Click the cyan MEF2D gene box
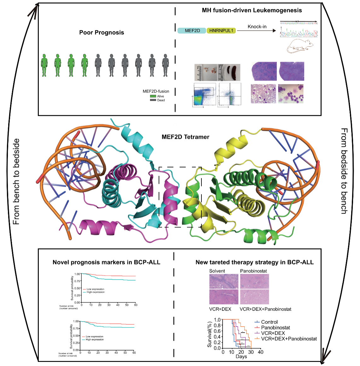click(192, 31)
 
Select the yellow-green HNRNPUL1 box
click(221, 31)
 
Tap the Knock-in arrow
click(256, 31)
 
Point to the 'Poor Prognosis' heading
click(102, 32)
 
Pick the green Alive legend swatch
click(153, 96)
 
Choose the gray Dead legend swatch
click(153, 100)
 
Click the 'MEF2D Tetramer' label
click(185, 137)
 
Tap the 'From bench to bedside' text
click(16, 181)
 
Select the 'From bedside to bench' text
click(344, 171)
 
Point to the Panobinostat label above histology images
click(253, 271)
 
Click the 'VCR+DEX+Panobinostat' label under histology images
click(265, 309)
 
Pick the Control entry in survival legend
click(269, 322)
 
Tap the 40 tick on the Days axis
click(260, 352)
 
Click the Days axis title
click(241, 357)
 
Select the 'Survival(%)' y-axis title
click(210, 334)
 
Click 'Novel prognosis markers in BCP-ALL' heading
click(106, 262)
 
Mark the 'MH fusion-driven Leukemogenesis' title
click(252, 10)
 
